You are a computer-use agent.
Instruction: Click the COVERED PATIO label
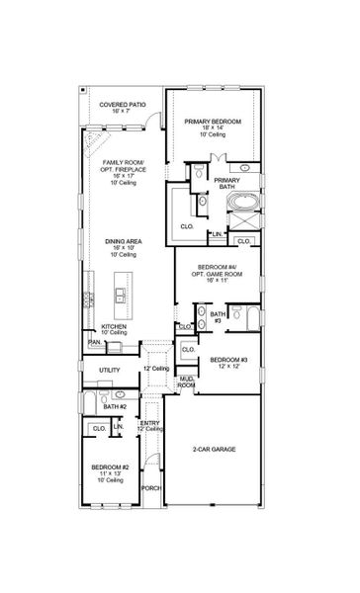tap(122, 106)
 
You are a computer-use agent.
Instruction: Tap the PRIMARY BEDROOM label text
tap(214, 121)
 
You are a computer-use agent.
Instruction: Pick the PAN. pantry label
tap(94, 342)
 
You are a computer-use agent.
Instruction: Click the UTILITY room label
tap(109, 371)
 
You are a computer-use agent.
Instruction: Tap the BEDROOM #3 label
tap(227, 361)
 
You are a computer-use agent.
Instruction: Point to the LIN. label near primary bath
tap(215, 234)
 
